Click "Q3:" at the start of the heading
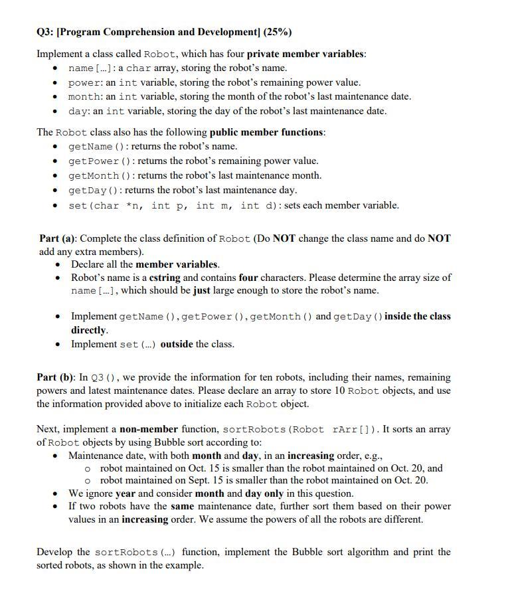(46, 32)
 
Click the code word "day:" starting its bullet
(79, 111)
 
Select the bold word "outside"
(177, 344)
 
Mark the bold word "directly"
(88, 330)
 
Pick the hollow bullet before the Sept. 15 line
(88, 480)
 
